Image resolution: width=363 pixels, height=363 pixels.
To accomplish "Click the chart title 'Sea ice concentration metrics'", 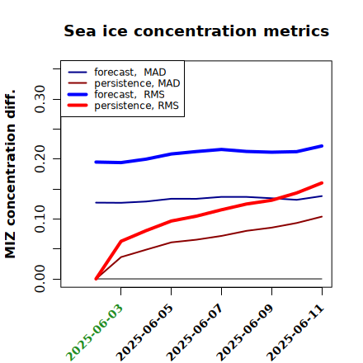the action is pos(196,31).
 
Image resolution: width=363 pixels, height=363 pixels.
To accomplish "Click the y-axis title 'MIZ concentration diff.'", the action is pos(10,174).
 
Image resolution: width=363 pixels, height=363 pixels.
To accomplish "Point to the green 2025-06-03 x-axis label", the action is pos(94,332).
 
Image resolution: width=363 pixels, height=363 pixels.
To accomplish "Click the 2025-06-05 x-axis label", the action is pos(144,332).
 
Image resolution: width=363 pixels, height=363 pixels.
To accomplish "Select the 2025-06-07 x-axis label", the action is pos(195,332).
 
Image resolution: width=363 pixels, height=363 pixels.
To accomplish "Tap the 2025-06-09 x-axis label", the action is pos(245,332).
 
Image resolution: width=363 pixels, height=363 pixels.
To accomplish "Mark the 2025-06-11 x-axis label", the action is pos(295,332).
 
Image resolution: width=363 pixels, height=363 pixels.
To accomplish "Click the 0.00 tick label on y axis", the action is pos(40,279).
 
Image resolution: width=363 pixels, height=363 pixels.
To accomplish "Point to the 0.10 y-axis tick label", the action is pos(40,219).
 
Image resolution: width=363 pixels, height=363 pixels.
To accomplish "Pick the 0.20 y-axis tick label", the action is pos(40,159).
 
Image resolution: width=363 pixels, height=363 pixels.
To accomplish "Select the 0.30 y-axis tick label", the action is pos(40,99).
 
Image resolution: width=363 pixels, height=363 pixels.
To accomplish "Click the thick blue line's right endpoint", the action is pos(322,146).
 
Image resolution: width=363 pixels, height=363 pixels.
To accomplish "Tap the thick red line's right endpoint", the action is pos(322,183).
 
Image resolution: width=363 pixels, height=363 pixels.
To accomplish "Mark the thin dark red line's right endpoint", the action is pos(322,217).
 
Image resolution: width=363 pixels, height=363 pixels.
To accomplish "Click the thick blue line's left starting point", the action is pos(96,162).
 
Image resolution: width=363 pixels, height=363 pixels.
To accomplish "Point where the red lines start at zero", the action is pos(96,279).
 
